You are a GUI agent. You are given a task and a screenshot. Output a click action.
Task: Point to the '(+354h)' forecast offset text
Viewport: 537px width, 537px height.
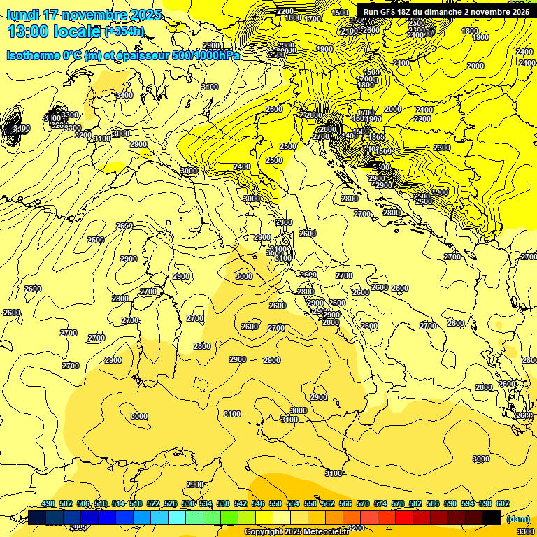point(124,31)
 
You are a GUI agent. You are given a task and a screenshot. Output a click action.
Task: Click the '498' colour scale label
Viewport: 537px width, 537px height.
point(48,504)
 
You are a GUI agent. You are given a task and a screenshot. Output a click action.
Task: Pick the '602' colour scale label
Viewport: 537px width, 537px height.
point(503,504)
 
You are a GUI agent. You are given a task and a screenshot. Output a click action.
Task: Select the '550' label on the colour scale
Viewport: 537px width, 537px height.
point(275,504)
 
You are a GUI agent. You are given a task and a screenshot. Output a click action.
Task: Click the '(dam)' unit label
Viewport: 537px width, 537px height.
point(517,519)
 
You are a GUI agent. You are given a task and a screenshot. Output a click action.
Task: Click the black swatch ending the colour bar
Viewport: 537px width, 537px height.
point(492,517)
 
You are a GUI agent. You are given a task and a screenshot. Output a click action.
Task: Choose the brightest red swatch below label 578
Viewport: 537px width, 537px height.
point(404,517)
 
